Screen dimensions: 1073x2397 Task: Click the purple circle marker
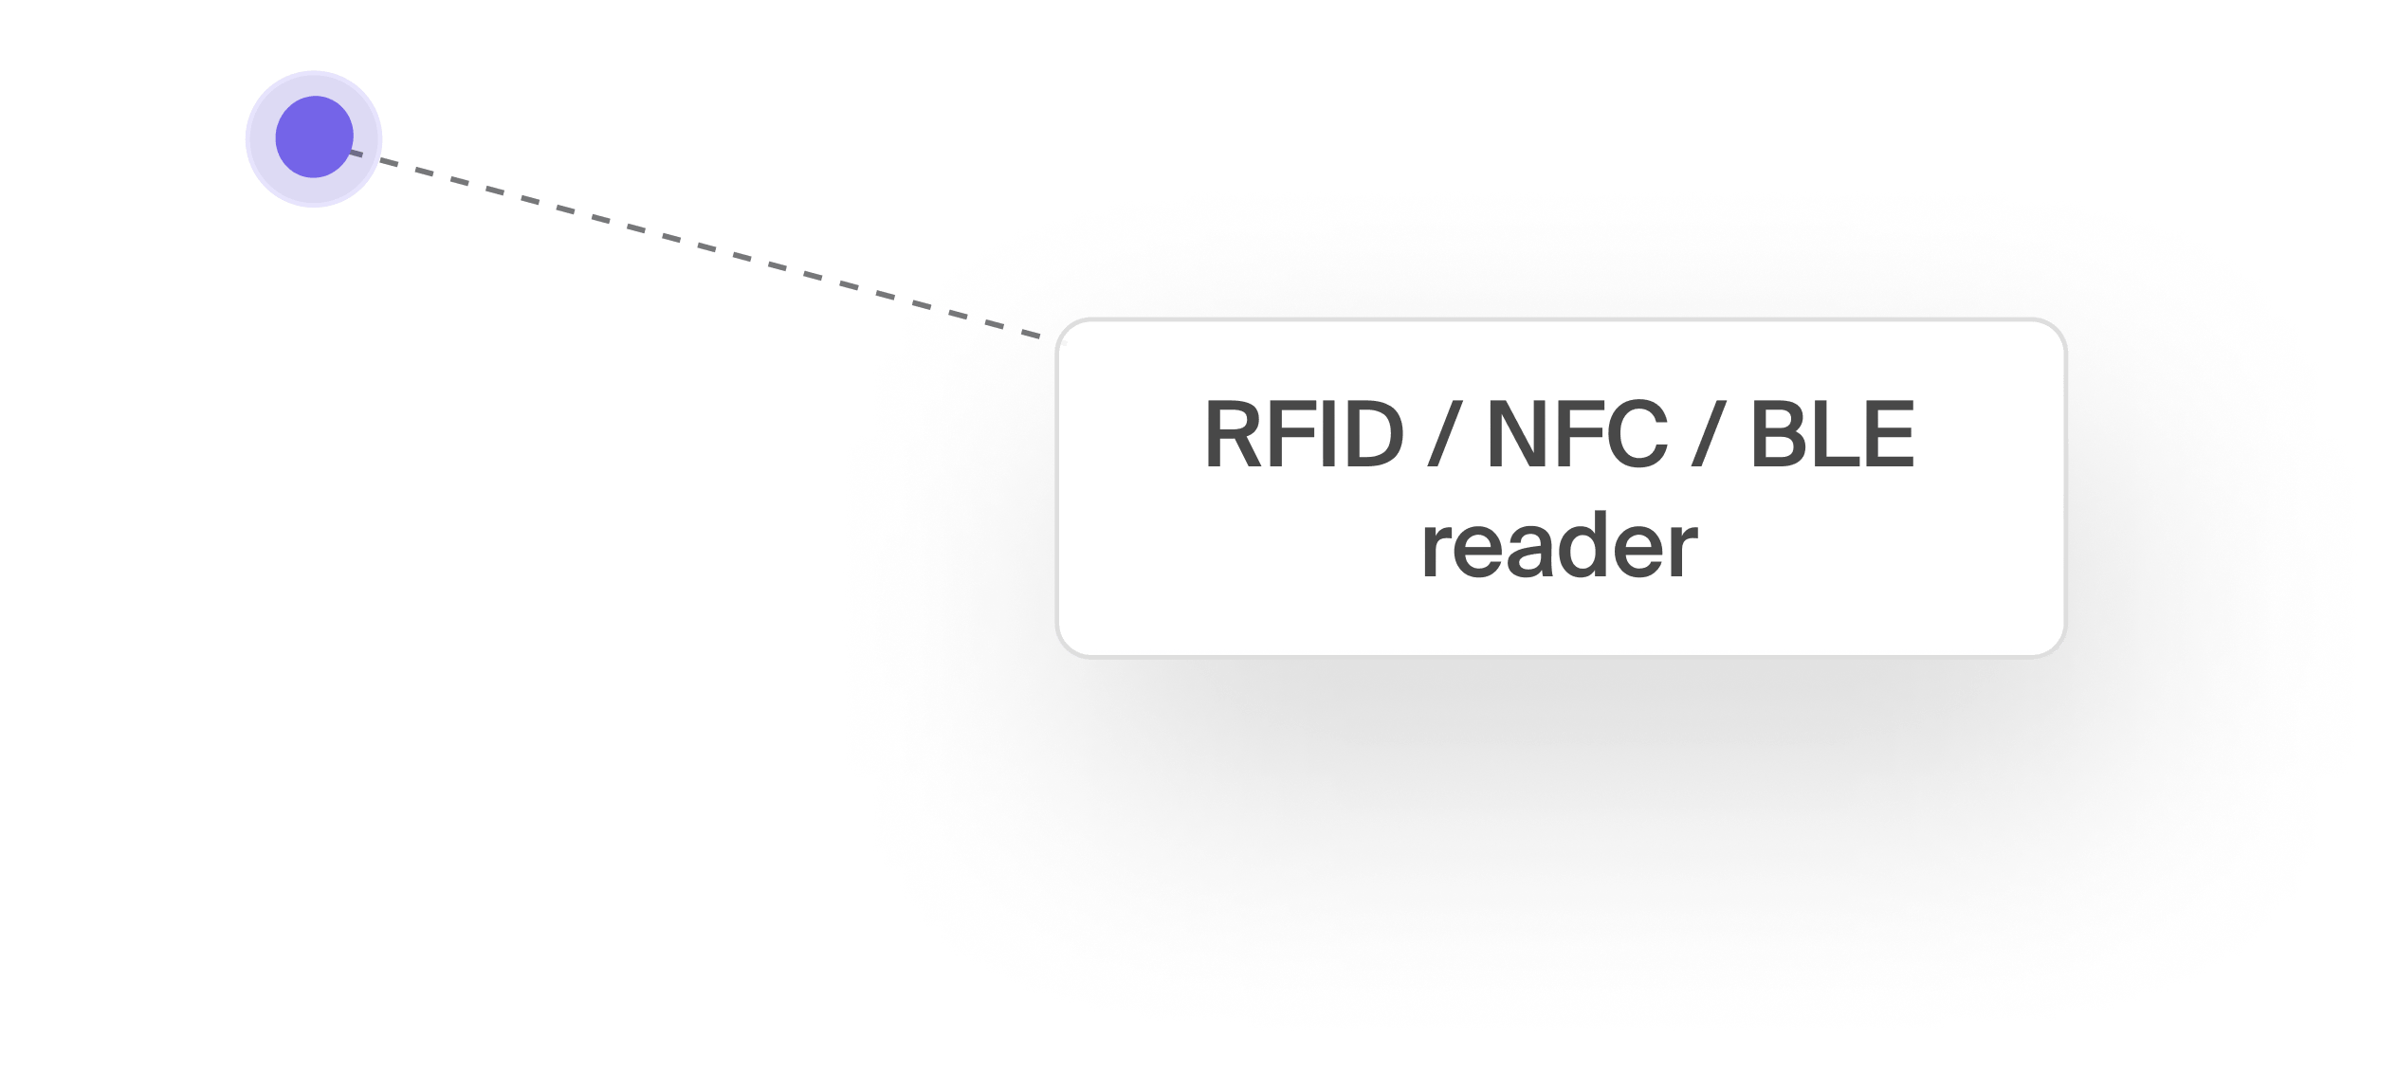click(x=314, y=138)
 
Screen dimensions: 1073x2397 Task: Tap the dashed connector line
click(x=664, y=237)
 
